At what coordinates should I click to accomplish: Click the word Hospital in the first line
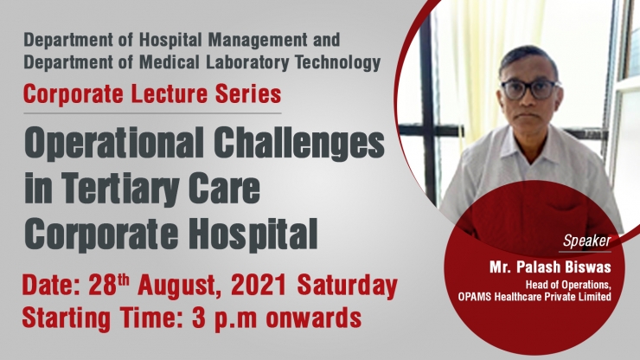(x=171, y=40)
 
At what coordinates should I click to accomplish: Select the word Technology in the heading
(x=337, y=62)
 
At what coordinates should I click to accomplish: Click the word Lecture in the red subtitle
(x=170, y=94)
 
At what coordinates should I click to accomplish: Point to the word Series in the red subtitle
(x=248, y=94)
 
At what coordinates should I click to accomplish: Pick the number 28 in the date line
(x=102, y=285)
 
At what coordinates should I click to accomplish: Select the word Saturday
(x=348, y=286)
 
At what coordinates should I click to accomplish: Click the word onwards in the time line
(x=313, y=318)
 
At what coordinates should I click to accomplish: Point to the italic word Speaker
(x=587, y=241)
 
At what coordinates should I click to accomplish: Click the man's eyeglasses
(x=529, y=89)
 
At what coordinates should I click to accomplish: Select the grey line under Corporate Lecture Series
(x=152, y=112)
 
